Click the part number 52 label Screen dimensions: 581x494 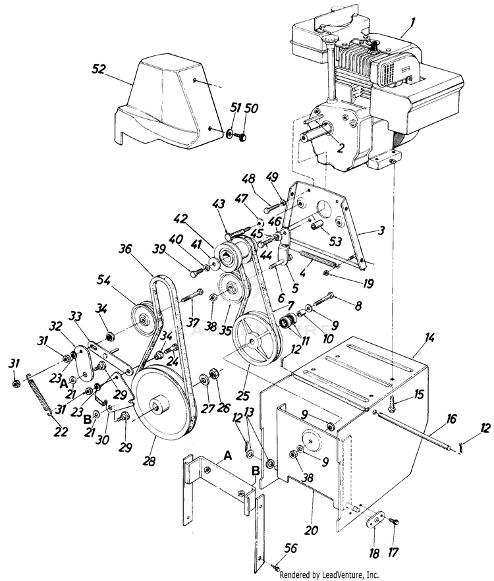coord(99,68)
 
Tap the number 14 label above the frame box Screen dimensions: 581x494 coord(429,337)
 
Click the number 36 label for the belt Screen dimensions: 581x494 coord(126,248)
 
